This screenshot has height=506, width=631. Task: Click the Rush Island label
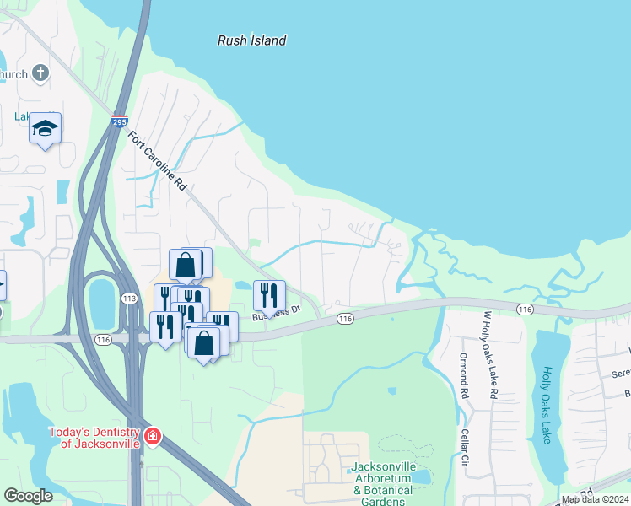pyautogui.click(x=252, y=40)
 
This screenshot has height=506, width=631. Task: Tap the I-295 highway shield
pyautogui.click(x=120, y=122)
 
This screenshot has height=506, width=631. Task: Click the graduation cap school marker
pyautogui.click(x=45, y=129)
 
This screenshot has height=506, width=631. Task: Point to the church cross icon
pyautogui.click(x=40, y=73)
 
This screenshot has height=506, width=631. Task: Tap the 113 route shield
pyautogui.click(x=129, y=298)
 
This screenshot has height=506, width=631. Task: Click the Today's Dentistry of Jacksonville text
pyautogui.click(x=93, y=438)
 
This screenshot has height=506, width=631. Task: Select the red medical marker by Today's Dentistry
pyautogui.click(x=152, y=437)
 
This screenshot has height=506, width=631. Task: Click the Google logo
pyautogui.click(x=28, y=496)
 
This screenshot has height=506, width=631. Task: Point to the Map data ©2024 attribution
pyautogui.click(x=595, y=499)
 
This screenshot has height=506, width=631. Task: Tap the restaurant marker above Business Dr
pyautogui.click(x=269, y=295)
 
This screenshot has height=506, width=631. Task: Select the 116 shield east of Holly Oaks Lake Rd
pyautogui.click(x=525, y=310)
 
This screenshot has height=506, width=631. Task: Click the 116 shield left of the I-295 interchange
pyautogui.click(x=103, y=339)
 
